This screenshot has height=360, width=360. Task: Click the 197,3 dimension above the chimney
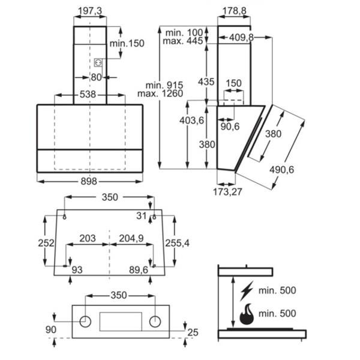click(x=90, y=11)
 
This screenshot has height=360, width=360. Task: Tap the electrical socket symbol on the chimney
click(x=98, y=62)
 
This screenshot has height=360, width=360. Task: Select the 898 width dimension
click(x=89, y=182)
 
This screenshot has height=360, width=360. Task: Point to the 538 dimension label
click(x=88, y=94)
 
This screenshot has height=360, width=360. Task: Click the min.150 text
click(x=127, y=43)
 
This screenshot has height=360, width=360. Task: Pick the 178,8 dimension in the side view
click(x=235, y=11)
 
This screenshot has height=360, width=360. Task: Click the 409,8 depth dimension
click(x=241, y=37)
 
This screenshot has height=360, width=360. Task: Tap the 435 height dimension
click(x=206, y=82)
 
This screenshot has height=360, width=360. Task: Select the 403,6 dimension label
click(x=192, y=121)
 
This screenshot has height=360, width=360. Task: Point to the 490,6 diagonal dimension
click(x=282, y=170)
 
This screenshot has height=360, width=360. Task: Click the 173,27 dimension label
click(x=227, y=192)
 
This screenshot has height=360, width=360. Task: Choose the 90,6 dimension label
click(x=230, y=127)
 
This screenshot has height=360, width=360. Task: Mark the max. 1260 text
click(x=160, y=94)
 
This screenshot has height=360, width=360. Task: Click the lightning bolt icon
click(x=247, y=290)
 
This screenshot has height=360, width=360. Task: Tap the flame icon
click(x=247, y=314)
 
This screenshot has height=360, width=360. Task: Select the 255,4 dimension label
click(x=178, y=243)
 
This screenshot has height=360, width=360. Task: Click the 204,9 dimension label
click(x=131, y=238)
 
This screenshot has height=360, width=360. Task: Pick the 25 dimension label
click(x=193, y=332)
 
